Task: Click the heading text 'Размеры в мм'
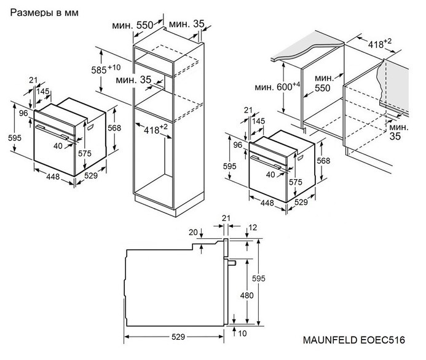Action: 44,13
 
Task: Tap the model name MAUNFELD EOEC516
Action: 353,340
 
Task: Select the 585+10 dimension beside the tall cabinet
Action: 106,69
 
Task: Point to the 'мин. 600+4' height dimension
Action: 277,87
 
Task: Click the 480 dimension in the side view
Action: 247,295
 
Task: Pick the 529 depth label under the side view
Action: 178,337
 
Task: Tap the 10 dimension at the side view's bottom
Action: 242,333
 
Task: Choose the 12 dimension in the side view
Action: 253,227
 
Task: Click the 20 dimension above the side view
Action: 193,232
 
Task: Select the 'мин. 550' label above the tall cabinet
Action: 133,25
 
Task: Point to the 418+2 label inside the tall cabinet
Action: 156,129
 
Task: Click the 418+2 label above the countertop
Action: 380,44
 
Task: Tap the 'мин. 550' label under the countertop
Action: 323,83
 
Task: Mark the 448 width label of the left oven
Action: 53,177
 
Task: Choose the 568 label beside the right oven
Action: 323,161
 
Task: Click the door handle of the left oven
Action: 52,132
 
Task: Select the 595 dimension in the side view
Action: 258,278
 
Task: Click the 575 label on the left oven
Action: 85,154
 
